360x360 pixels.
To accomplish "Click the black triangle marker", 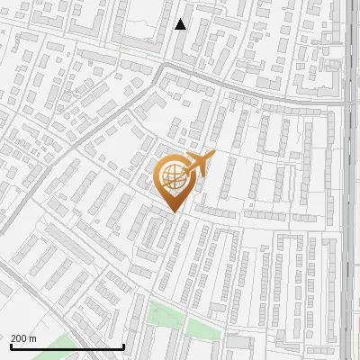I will [x=181, y=24].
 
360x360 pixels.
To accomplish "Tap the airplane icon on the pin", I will [x=199, y=165].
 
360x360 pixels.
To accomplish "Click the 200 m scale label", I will [x=23, y=337].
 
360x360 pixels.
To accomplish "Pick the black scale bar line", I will [x=67, y=346].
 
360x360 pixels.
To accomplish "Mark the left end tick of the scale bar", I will [x=11, y=345].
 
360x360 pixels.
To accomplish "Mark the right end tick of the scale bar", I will [x=123, y=345].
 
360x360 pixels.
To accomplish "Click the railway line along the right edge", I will [x=349, y=180].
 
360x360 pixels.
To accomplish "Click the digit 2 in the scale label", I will [x=13, y=337].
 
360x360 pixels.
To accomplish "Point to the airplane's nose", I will [x=213, y=155].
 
